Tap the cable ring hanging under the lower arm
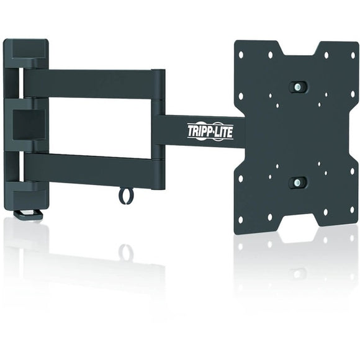(126, 196)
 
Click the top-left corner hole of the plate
(241, 55)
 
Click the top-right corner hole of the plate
(351, 55)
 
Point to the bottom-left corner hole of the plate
(241, 218)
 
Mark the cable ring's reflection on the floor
(126, 251)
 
